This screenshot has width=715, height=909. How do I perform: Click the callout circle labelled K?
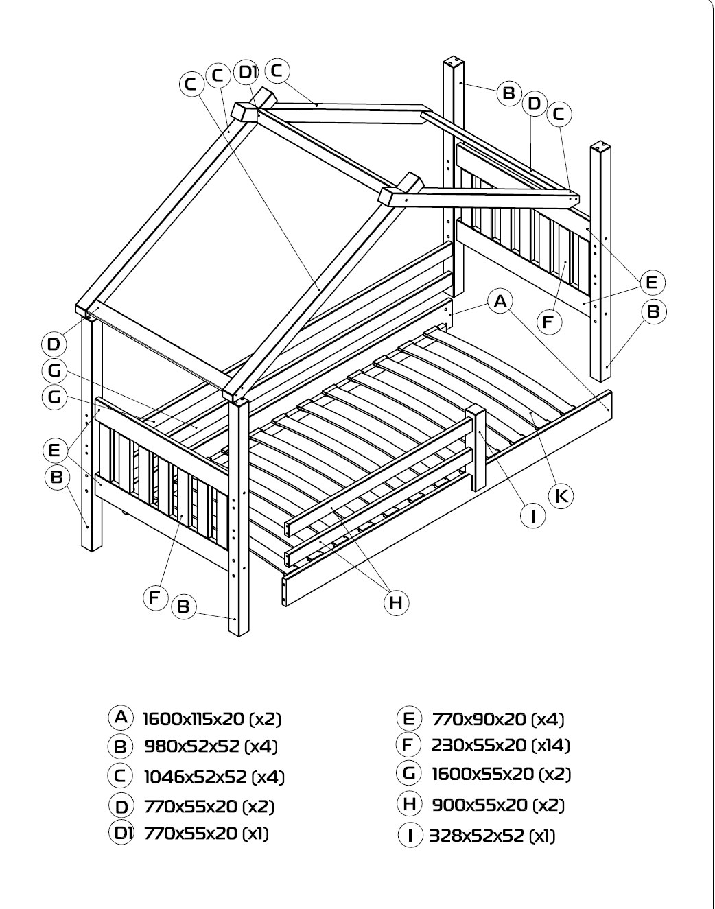click(x=561, y=496)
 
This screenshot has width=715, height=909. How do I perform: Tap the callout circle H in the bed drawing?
click(x=396, y=603)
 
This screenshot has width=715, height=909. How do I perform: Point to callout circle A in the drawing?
click(x=500, y=302)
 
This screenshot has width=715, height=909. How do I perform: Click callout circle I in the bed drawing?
click(x=532, y=515)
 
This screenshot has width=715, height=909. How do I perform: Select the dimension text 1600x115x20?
click(x=194, y=718)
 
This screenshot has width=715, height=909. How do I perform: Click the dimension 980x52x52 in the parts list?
click(x=192, y=746)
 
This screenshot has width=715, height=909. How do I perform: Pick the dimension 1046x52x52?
click(x=195, y=777)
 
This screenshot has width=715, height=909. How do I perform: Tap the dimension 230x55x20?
click(x=478, y=746)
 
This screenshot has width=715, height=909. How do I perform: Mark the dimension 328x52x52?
click(x=476, y=836)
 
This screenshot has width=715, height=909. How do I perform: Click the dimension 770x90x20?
click(x=479, y=719)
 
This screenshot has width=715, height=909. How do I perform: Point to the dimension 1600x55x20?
click(x=482, y=775)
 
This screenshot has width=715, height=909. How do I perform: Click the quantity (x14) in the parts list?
click(x=550, y=746)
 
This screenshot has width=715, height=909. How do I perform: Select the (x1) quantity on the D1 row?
click(x=255, y=834)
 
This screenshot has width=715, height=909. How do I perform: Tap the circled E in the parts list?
click(x=409, y=718)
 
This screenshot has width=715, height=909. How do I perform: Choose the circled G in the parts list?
click(x=409, y=773)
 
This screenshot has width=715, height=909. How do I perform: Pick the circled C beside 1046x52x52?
click(x=121, y=777)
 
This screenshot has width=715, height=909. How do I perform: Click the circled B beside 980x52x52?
click(x=121, y=747)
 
